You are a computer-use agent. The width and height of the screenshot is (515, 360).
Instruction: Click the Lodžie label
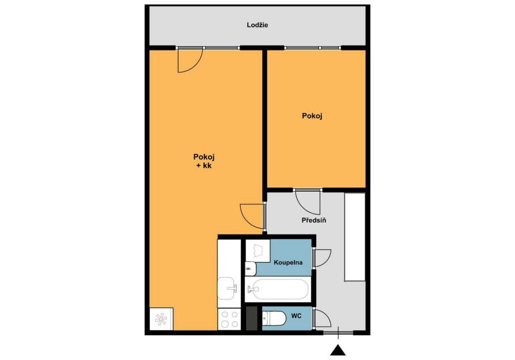coord(257,25)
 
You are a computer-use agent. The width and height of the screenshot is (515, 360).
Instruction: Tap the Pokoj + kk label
coord(203,161)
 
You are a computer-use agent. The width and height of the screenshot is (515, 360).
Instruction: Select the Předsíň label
coord(313,220)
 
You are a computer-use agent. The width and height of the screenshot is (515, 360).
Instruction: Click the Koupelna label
coord(288,263)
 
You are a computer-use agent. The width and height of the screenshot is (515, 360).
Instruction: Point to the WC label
coord(296,316)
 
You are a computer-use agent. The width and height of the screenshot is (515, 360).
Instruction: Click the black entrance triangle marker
coord(338,350)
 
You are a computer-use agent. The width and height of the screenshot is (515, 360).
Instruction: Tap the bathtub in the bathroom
coord(278,289)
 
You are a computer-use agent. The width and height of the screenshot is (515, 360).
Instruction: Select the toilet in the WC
coord(274,318)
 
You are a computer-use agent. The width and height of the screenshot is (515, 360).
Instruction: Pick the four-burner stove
coord(229,319)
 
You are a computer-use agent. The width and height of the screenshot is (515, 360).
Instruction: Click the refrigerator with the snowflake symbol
coord(161,319)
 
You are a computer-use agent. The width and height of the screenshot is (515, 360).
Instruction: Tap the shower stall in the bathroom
coord(258,251)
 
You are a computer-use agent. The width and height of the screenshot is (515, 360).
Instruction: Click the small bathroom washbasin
coord(250,269)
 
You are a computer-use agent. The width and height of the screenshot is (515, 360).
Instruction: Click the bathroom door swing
coord(322,258)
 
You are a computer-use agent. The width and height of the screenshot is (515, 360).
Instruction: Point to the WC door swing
coord(322,318)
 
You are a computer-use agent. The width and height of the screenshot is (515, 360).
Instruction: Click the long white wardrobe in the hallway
coord(355,237)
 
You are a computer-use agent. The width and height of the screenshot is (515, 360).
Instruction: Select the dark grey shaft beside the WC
coord(252,319)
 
